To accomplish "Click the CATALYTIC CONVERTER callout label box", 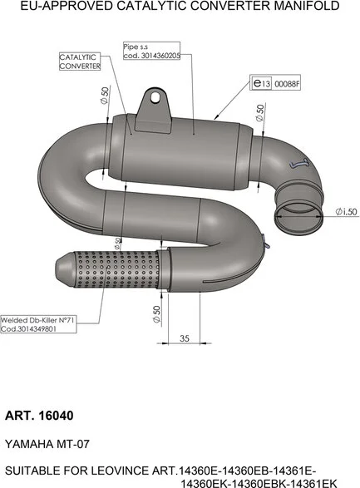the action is coord(80,62).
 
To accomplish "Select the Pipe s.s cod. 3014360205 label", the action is coord(151,51).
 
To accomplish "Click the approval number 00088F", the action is coord(287,84).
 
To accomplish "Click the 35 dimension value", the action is coord(185,338).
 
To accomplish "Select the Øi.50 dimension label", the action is coord(346,212).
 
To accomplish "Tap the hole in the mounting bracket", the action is coord(155,97).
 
